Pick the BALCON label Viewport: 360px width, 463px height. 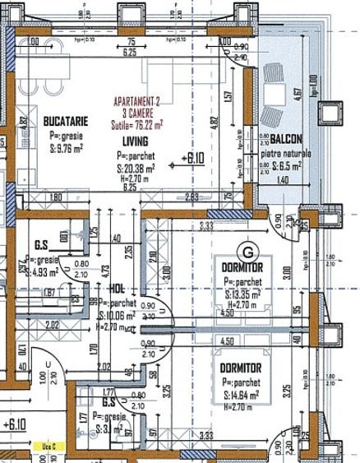(x=289, y=138)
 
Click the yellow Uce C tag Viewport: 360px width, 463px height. (x=49, y=447)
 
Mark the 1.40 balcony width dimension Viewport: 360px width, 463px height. (x=282, y=179)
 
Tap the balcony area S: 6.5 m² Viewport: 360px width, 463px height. (x=284, y=165)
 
